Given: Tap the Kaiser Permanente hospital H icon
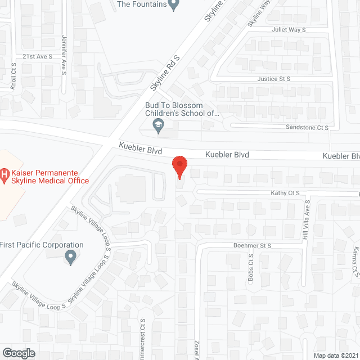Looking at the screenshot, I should [5, 177].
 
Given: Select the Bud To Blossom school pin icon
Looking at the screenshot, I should [159, 129].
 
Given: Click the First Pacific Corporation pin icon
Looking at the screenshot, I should [70, 258].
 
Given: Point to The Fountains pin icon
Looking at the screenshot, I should [174, 5].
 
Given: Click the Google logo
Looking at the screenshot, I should [18, 353].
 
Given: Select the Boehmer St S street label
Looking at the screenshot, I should [253, 246].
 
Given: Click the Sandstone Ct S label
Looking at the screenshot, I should [307, 128].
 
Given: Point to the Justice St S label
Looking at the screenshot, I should [274, 79].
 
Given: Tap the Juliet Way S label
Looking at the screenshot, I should [289, 29].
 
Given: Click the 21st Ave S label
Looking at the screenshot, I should [37, 56].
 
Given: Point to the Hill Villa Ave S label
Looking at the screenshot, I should [307, 220].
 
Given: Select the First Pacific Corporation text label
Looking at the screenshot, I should [42, 245].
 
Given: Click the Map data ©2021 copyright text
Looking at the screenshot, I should [335, 355].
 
